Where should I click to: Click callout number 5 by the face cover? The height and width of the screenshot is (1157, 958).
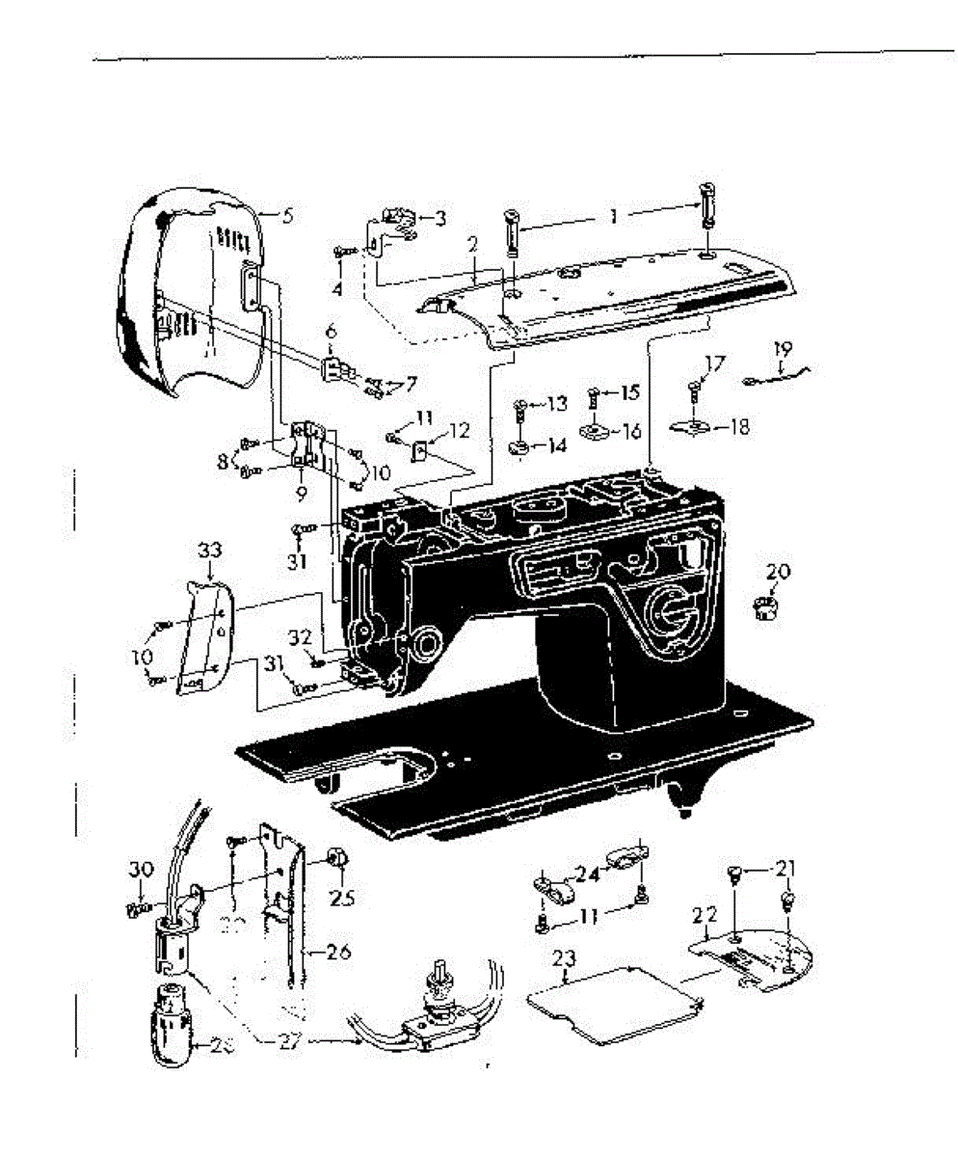(287, 216)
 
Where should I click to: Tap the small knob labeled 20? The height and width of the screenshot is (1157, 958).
(765, 609)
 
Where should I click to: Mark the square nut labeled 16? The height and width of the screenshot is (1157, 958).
(596, 429)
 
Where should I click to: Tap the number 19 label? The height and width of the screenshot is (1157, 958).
(782, 348)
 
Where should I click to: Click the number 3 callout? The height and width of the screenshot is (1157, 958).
(439, 219)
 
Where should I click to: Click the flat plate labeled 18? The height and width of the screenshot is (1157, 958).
(692, 427)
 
